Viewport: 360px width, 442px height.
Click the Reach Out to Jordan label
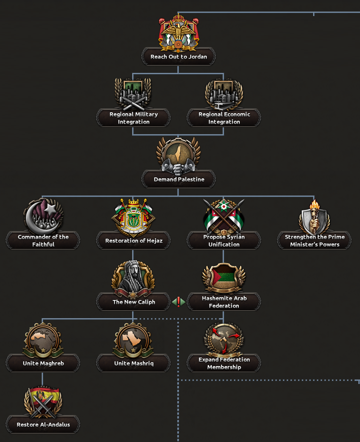[x=179, y=57]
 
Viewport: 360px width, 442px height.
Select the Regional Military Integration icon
[x=133, y=93]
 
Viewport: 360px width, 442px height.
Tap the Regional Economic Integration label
[x=224, y=118]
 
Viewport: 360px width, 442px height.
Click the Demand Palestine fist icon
[x=178, y=156]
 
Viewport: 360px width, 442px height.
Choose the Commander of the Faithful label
[x=43, y=241]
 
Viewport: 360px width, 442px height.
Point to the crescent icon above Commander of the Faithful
[x=43, y=216]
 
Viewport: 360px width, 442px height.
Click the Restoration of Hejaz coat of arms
[x=133, y=216]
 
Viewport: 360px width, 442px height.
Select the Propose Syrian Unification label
[x=224, y=241]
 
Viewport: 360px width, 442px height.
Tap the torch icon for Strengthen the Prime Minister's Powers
[x=314, y=217]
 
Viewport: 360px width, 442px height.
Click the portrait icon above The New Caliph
[x=133, y=278]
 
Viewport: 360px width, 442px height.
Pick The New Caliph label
[x=133, y=302]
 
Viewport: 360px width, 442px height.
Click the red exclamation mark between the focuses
[x=179, y=302]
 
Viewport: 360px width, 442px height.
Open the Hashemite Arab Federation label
[x=224, y=302]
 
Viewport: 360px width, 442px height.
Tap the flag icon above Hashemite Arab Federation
[x=224, y=277]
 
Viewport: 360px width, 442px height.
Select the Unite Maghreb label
[x=43, y=363]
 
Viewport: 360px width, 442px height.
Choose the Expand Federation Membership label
[x=224, y=363]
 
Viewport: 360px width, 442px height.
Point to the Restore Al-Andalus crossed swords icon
[x=42, y=401]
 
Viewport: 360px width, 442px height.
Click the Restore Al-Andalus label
[x=43, y=425]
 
